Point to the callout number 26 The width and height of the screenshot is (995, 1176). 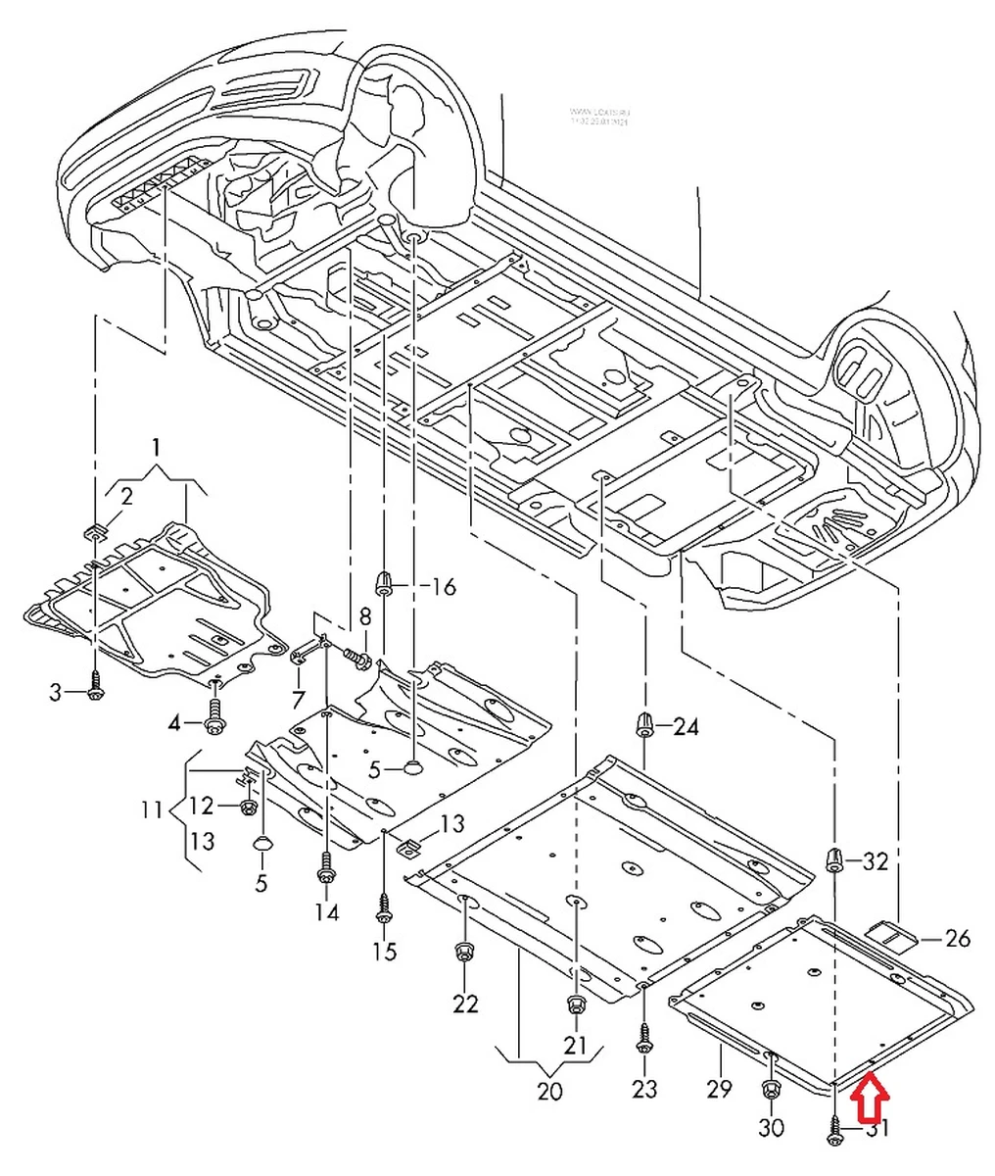(957, 938)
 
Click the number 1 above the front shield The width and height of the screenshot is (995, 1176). (155, 449)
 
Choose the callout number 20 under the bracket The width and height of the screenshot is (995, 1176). (549, 1090)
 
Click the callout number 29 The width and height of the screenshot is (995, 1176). (720, 1087)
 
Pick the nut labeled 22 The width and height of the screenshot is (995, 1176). (464, 952)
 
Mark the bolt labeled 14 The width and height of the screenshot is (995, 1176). (325, 866)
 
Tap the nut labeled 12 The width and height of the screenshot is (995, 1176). (249, 808)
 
